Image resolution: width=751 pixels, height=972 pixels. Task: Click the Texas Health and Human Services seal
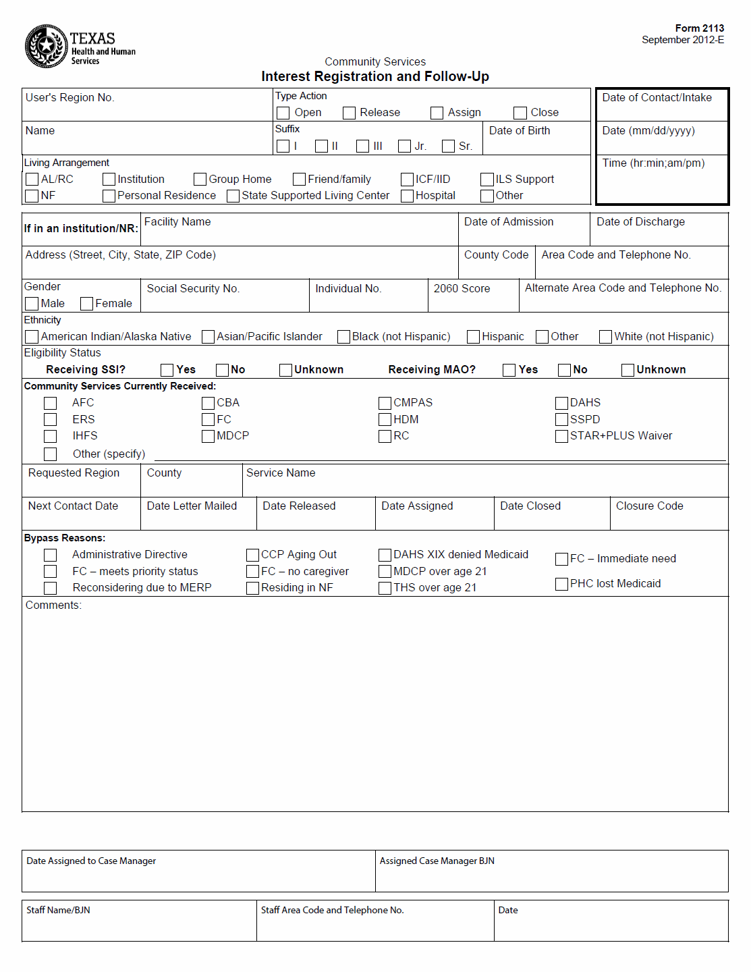point(46,47)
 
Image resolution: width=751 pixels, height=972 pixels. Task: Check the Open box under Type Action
point(283,113)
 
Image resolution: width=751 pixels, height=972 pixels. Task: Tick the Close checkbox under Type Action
point(520,113)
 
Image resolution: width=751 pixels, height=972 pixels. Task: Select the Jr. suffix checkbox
point(405,146)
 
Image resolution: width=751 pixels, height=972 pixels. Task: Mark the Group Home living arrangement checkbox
point(200,179)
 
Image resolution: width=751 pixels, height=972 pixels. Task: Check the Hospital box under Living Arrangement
point(407,196)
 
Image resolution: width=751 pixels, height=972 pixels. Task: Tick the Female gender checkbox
point(86,304)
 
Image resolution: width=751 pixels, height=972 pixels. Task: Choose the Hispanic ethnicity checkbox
point(473,336)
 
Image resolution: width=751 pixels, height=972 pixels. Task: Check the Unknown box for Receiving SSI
point(285,370)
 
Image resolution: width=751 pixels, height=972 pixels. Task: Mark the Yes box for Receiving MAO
point(509,370)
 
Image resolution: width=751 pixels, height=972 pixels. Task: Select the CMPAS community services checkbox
point(385,403)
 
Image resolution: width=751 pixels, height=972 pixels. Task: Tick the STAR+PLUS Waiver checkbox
point(561,436)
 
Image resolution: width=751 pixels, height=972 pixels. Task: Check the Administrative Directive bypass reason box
point(50,555)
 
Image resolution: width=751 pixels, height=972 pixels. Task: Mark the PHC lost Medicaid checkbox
point(561,584)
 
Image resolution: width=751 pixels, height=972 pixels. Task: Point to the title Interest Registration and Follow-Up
point(375,76)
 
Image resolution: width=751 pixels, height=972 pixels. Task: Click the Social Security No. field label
point(193,289)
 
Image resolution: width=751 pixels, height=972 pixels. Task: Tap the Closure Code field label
point(649,506)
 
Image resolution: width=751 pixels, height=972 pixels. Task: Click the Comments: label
point(53,605)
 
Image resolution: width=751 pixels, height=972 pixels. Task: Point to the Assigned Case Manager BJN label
point(437,861)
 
